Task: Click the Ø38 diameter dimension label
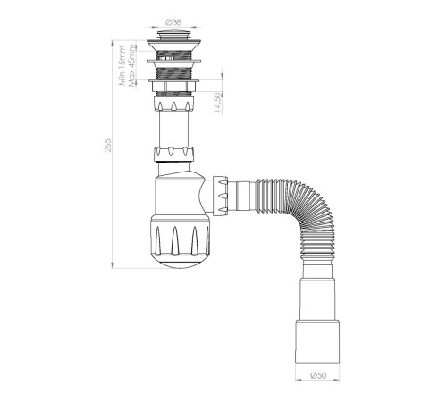click(x=173, y=22)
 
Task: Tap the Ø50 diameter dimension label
click(x=318, y=375)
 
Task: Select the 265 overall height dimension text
click(x=107, y=145)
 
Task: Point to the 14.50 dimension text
click(x=218, y=103)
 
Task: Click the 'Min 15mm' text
click(x=122, y=65)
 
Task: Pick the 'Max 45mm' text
click(x=131, y=65)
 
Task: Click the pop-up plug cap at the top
click(x=173, y=34)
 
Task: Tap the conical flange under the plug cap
click(x=173, y=46)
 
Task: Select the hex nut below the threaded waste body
click(x=173, y=87)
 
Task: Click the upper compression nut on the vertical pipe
click(x=173, y=104)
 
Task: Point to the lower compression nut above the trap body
click(x=174, y=154)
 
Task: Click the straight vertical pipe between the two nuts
click(x=173, y=129)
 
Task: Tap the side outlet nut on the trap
click(x=220, y=196)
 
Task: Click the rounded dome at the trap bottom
click(x=180, y=262)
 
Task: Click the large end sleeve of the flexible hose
click(x=317, y=341)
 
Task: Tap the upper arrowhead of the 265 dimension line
click(x=112, y=44)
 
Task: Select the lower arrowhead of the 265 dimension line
click(x=112, y=265)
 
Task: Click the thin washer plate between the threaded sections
click(x=173, y=61)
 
